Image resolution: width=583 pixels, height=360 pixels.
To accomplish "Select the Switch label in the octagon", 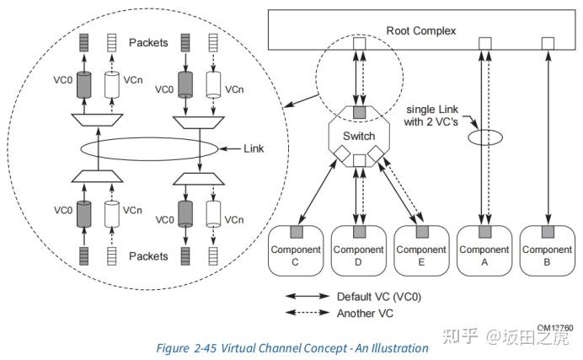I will [359, 136].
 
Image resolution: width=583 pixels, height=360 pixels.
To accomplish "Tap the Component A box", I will [484, 250].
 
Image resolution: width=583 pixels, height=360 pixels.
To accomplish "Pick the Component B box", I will [547, 250].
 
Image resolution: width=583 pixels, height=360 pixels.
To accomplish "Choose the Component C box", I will [295, 250].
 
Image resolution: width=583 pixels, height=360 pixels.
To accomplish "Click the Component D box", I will [358, 250].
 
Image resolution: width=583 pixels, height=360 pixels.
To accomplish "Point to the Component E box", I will [421, 250].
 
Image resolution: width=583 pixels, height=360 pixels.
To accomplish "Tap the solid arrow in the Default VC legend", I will [308, 296].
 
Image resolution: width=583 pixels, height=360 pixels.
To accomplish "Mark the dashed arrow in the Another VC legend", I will [308, 313].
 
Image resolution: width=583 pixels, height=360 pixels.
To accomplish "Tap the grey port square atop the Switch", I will [358, 110].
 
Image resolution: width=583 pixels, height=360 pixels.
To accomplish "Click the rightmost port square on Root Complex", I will [547, 43].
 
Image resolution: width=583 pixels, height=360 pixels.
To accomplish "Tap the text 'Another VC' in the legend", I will [364, 313].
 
